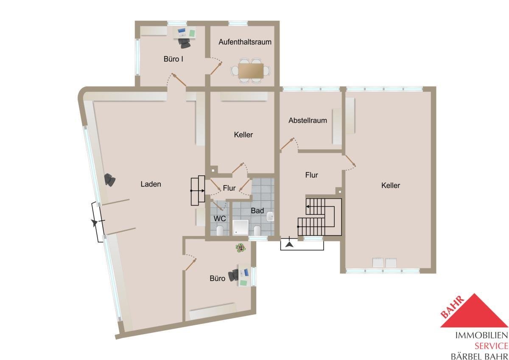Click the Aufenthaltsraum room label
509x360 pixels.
245,42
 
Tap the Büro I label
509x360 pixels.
173,59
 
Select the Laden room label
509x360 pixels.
151,184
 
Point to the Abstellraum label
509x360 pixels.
308,120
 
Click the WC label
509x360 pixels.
220,219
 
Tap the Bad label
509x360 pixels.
257,211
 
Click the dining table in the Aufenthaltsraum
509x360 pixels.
251,71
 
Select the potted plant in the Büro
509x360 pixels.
241,247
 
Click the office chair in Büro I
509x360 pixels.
184,43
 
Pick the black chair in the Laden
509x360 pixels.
110,180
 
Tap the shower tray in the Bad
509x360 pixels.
241,227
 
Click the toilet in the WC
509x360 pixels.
220,231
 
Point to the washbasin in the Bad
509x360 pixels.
270,217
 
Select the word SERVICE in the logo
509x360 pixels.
491,346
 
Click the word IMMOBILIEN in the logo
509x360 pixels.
482,335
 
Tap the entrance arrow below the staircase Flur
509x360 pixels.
289,245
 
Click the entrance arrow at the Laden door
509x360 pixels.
94,223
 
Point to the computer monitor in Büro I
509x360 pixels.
182,31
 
